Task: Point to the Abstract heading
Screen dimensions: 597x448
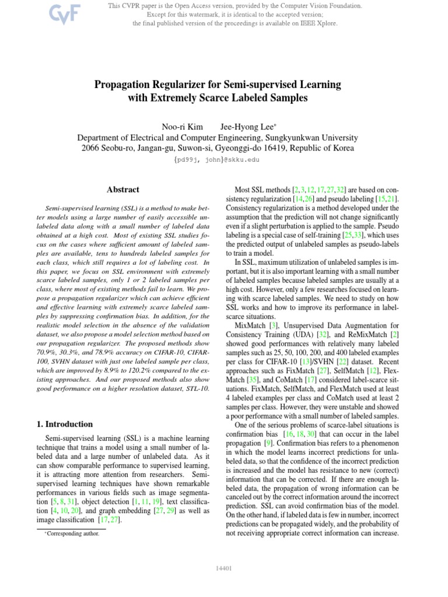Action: point(123,189)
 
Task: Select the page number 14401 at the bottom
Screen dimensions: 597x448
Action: point(224,568)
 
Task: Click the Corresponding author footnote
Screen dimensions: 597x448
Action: point(73,533)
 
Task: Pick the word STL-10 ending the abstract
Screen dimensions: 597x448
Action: point(197,404)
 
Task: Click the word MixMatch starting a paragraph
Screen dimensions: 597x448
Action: point(248,325)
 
